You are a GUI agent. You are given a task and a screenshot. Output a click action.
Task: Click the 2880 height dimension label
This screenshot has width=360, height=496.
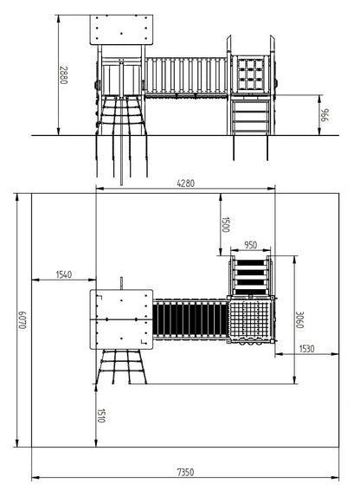coord(63,75)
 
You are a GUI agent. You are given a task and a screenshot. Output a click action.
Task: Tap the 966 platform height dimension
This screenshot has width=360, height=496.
coord(325,115)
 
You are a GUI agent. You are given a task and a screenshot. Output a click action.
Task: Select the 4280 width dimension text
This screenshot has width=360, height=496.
coord(186,184)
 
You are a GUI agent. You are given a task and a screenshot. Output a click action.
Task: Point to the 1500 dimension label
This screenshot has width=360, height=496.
coord(225,224)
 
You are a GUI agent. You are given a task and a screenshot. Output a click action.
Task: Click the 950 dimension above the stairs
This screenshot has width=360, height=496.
coord(251,245)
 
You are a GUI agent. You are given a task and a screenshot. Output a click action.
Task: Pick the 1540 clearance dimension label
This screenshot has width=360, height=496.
coord(64,274)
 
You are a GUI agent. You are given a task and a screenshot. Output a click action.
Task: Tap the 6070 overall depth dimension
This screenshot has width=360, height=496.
coord(22,320)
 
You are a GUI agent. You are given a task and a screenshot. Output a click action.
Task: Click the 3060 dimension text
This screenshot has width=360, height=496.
coord(299,319)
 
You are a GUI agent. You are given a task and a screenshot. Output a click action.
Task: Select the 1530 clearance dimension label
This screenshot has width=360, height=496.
coord(307,349)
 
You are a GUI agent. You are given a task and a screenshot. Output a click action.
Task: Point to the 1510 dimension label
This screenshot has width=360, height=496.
coord(101,415)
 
